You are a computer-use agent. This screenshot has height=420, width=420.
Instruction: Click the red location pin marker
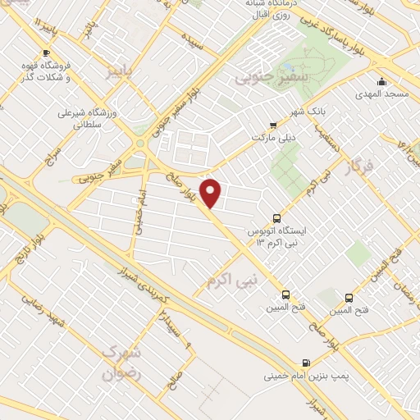(x=212, y=194)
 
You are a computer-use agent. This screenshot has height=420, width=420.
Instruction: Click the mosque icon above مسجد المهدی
(x=381, y=81)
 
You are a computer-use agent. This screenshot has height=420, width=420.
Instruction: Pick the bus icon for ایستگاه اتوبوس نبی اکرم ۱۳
(x=276, y=219)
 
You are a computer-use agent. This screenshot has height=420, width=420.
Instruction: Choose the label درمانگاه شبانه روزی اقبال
(x=270, y=7)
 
